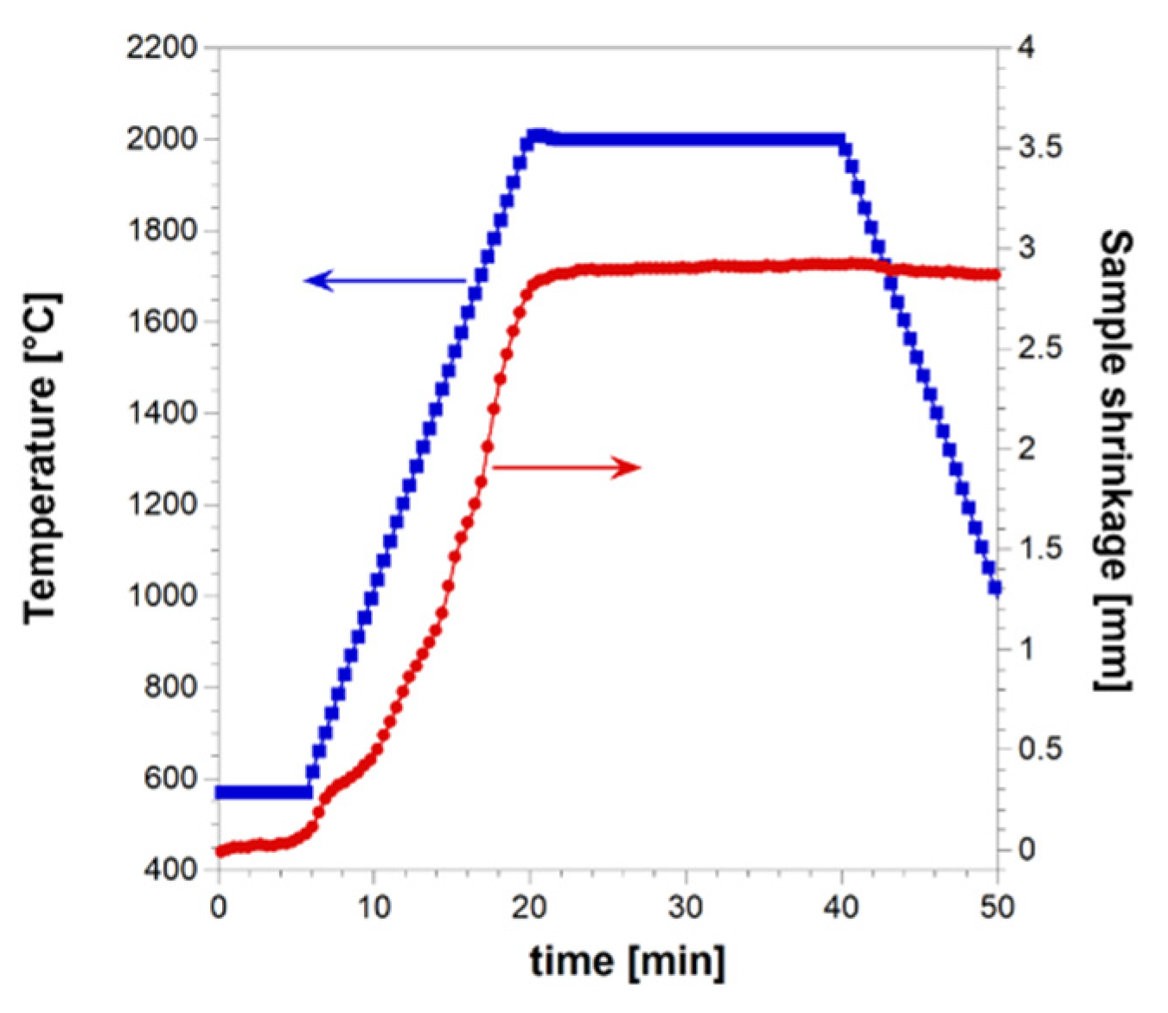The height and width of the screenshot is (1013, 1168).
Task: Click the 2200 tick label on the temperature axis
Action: (x=162, y=48)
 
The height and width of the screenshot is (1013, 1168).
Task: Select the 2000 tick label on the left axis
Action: (x=162, y=139)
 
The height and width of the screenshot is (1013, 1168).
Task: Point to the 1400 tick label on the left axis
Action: (x=162, y=413)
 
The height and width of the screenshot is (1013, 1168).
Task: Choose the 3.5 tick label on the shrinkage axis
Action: (x=1038, y=147)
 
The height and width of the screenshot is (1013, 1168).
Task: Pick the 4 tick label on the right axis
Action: (x=1026, y=48)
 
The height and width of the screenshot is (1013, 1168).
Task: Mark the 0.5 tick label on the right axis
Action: (x=1038, y=748)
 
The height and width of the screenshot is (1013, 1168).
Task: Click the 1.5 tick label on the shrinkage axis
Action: (x=1038, y=548)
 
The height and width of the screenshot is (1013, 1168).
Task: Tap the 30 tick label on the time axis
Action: (x=686, y=907)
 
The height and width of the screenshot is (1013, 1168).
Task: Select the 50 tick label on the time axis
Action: (x=997, y=907)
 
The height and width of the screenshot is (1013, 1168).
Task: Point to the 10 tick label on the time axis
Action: (x=373, y=907)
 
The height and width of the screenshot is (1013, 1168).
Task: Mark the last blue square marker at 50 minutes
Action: (x=995, y=588)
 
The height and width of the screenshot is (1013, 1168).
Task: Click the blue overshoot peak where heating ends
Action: (x=536, y=136)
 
